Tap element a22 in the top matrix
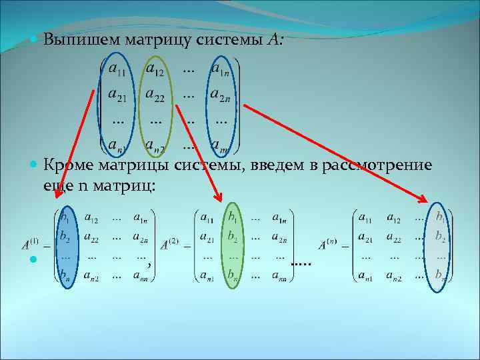[157, 97]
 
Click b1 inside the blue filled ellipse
[65, 217]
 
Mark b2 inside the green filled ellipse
[233, 236]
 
